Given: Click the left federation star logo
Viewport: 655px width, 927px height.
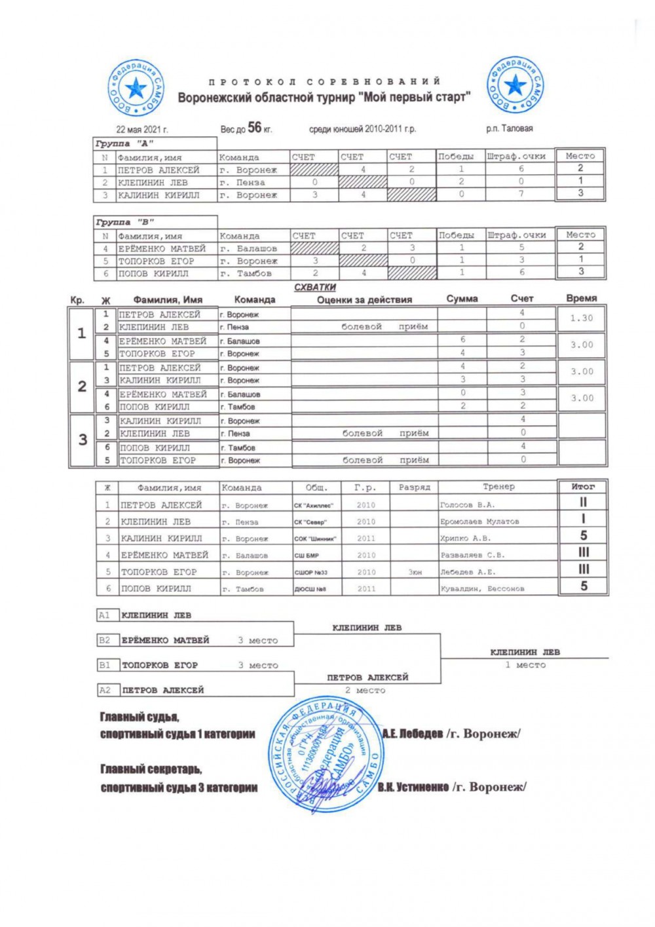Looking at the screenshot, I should click(x=136, y=87).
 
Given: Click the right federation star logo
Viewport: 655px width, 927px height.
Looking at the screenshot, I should click(x=515, y=85).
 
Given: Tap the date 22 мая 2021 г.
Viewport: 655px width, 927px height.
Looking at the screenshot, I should click(x=142, y=130).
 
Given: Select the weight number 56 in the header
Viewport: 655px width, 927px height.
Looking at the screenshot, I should click(x=254, y=127).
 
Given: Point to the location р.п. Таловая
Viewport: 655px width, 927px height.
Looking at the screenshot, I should click(x=509, y=129).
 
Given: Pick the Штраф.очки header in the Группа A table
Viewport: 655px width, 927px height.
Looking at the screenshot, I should click(x=516, y=157).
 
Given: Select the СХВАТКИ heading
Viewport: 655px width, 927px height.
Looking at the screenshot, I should click(x=315, y=287).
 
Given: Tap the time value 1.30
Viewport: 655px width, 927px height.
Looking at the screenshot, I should click(x=581, y=318).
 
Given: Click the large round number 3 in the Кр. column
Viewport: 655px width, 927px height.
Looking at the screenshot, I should click(x=83, y=440).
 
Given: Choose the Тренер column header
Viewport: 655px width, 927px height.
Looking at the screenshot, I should click(x=498, y=487).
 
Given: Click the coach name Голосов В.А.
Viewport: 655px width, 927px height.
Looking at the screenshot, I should click(x=468, y=505).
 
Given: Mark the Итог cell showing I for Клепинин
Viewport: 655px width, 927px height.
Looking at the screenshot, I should click(x=583, y=519).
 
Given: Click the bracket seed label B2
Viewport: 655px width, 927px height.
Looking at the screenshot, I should click(x=105, y=640).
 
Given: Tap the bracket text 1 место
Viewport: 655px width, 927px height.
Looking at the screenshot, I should click(x=525, y=665).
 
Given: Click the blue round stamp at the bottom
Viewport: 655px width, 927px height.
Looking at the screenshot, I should click(x=326, y=757).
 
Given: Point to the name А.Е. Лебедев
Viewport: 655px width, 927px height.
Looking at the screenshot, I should click(x=413, y=734).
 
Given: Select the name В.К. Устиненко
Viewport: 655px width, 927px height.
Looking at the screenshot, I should click(x=413, y=787).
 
